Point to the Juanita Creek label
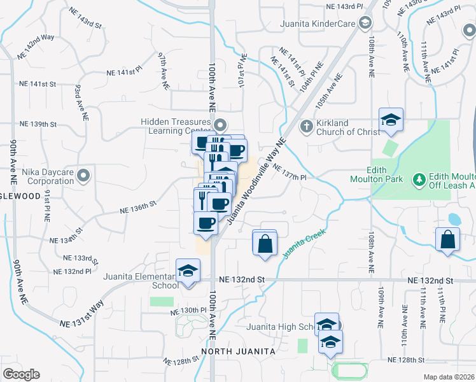point(304,243)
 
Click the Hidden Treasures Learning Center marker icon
point(221,124)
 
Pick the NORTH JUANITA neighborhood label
point(238,351)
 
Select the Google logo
point(21,374)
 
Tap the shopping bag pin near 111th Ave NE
point(449,240)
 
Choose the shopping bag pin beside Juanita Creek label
point(265,243)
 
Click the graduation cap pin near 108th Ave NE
point(391,119)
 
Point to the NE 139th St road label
point(38,124)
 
